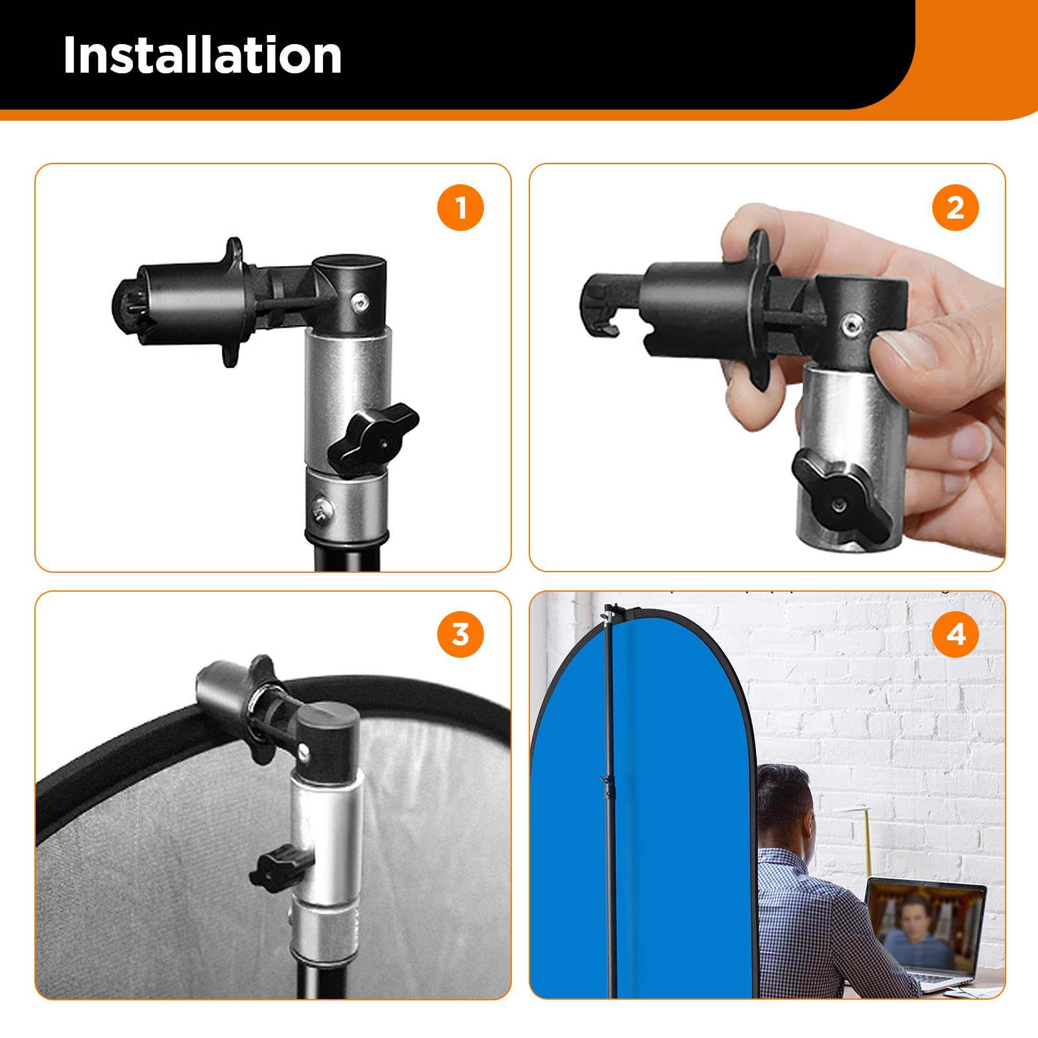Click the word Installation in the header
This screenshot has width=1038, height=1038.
tap(202, 55)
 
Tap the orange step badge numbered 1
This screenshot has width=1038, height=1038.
tap(461, 208)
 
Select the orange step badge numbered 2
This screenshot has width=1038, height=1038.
tap(956, 208)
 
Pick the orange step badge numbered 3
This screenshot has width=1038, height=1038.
tap(461, 634)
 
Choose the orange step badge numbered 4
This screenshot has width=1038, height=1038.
tap(956, 634)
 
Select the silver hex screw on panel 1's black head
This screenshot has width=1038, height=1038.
tap(358, 300)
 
